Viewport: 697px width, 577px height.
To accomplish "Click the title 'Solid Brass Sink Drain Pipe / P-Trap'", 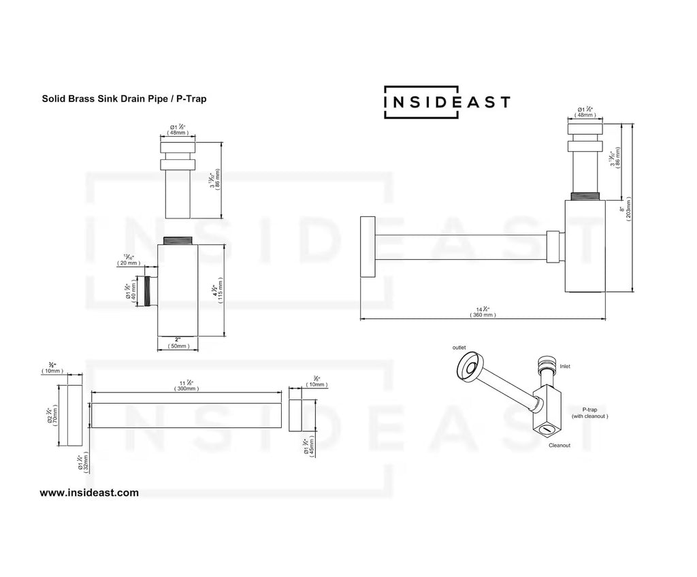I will [124, 99].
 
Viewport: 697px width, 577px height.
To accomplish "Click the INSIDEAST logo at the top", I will [447, 102].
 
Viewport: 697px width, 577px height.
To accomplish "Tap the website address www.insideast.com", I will [89, 493].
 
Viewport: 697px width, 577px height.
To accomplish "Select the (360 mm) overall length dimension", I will [483, 315].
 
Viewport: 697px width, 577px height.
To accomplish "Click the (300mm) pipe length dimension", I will [187, 388].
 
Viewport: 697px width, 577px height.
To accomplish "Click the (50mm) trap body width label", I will [179, 346].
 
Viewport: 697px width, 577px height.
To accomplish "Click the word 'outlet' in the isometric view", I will [459, 348].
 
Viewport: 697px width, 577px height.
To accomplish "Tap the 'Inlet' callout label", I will [565, 366].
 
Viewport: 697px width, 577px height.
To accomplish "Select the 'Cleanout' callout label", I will [560, 445].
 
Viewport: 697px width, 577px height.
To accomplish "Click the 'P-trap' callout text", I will [589, 410].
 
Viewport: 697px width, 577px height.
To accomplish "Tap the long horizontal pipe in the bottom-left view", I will [187, 414].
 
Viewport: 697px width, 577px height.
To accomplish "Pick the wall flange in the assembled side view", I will [367, 246].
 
